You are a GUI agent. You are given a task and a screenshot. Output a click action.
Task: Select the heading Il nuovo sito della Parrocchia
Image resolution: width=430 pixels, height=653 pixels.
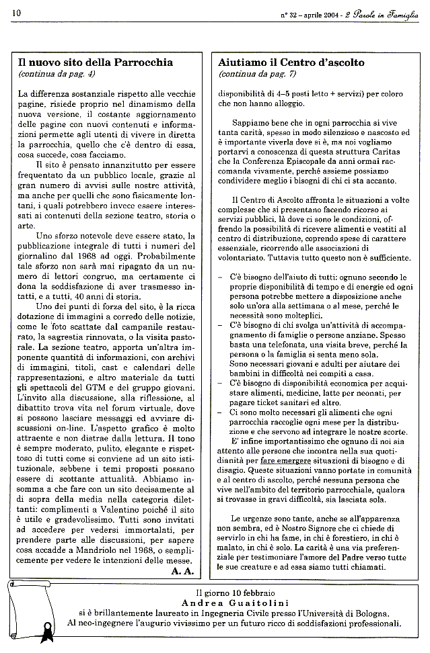pyautogui.click(x=96, y=62)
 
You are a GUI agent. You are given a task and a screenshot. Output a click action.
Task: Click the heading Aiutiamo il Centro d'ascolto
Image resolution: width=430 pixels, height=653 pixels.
pyautogui.click(x=291, y=62)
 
